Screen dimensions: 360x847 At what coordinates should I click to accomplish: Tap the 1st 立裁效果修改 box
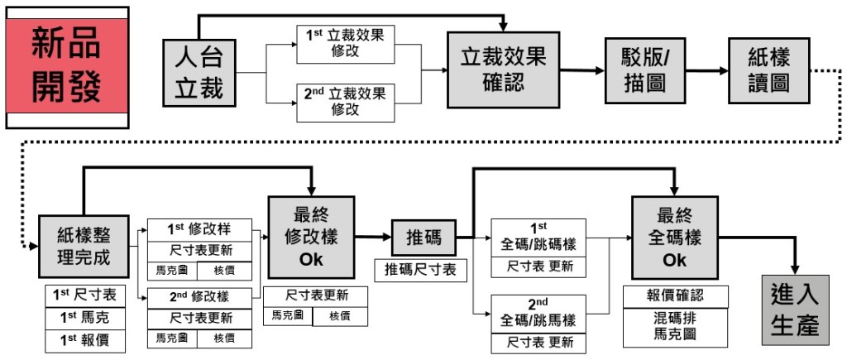tap(346, 45)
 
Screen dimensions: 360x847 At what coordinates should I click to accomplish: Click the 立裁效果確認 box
tap(503, 70)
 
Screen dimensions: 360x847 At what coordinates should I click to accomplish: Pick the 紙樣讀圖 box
tap(768, 70)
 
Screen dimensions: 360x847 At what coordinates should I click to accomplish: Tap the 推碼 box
tap(423, 239)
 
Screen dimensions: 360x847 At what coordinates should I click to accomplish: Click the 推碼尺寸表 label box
tap(420, 270)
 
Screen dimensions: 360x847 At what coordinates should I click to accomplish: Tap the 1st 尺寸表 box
tap(85, 295)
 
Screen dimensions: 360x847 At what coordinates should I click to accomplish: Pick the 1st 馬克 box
tap(85, 318)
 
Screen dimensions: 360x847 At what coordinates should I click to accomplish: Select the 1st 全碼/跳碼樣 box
tap(538, 238)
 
